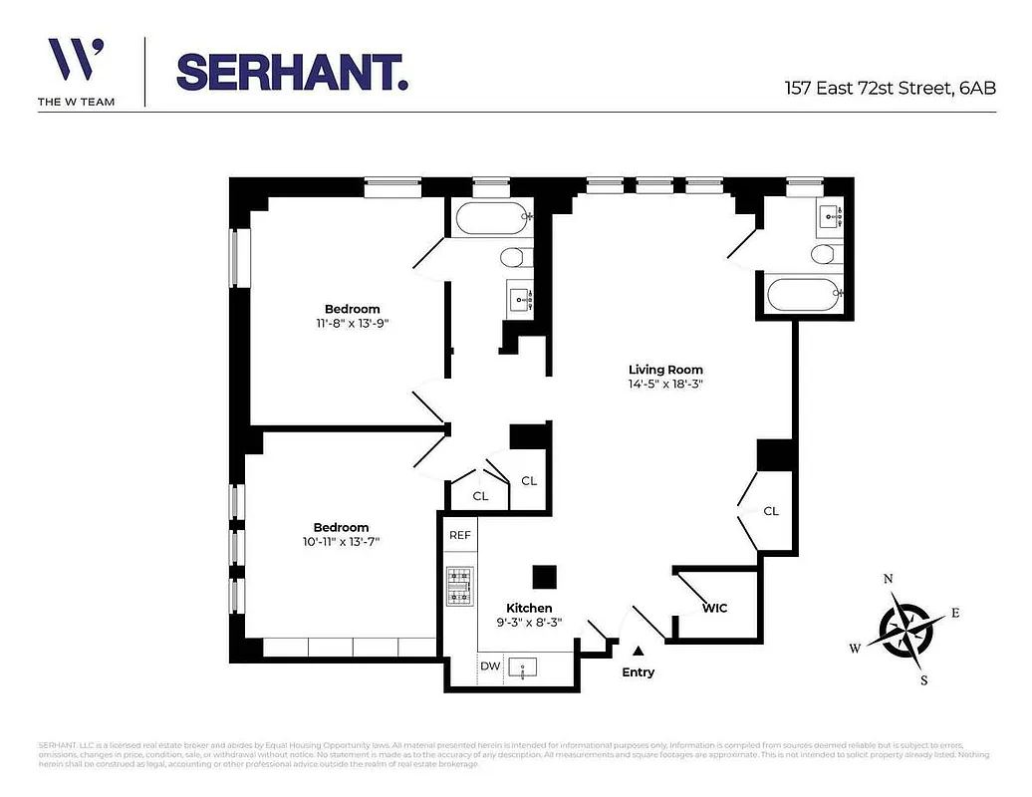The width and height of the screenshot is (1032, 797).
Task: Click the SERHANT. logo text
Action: click(292, 72)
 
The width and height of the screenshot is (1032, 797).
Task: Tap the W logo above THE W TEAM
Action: click(77, 60)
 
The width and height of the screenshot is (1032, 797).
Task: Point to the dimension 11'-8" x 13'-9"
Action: click(352, 324)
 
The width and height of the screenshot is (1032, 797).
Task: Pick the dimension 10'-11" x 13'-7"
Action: click(341, 542)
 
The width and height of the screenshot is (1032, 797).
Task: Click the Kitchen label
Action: click(529, 608)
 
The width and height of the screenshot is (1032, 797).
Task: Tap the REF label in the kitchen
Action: click(459, 535)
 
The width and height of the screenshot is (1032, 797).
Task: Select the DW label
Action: click(490, 666)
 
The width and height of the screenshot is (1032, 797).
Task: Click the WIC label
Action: click(714, 608)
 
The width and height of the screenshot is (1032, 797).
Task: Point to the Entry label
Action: click(639, 672)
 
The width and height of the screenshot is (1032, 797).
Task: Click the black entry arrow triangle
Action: click(639, 651)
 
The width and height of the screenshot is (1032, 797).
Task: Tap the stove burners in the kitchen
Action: click(459, 586)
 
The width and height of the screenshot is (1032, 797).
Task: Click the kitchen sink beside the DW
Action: click(524, 667)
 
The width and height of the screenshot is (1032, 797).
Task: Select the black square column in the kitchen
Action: click(544, 577)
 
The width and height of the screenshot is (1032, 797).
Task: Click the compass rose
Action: click(905, 629)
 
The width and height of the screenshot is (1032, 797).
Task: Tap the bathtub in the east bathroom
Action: click(805, 294)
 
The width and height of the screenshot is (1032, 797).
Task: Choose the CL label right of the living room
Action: click(771, 511)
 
